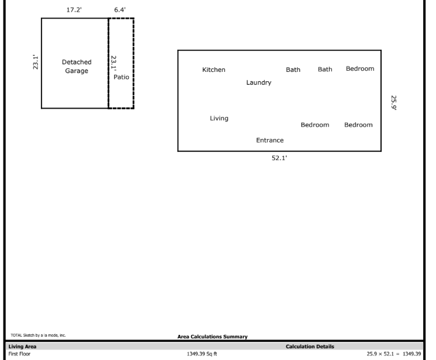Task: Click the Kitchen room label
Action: (x=213, y=70)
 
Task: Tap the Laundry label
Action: (x=259, y=82)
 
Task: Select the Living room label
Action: (x=219, y=119)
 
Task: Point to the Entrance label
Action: (x=269, y=140)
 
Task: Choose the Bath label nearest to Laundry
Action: (x=293, y=70)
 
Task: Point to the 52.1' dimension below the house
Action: (x=279, y=159)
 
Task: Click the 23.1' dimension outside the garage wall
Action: (x=36, y=63)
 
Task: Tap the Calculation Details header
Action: (x=310, y=347)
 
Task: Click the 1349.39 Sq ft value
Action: (x=200, y=354)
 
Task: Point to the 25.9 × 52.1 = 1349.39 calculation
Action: (x=393, y=354)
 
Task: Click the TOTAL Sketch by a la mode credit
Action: (x=39, y=335)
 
